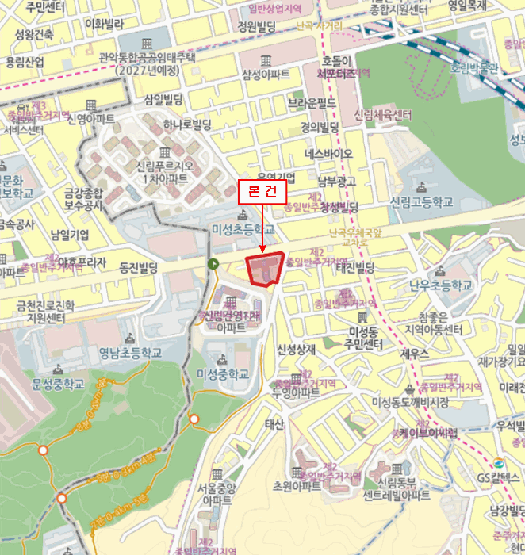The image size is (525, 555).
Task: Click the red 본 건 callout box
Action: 261,191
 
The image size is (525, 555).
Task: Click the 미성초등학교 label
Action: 243,229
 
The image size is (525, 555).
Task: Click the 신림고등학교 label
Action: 420,202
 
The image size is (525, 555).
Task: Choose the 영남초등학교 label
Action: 130,352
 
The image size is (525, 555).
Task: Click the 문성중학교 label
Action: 58,383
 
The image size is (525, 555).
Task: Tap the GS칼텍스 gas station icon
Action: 498,465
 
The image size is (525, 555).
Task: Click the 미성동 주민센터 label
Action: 366,337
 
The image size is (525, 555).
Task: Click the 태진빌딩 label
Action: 354,268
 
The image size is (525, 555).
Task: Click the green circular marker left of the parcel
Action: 213,264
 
